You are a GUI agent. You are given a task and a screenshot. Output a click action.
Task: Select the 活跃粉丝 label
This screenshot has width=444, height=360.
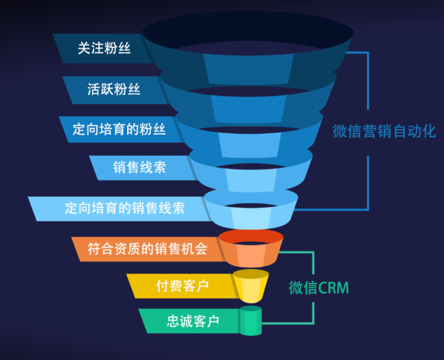114,89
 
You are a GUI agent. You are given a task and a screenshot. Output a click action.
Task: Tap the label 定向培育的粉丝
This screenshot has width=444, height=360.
119,129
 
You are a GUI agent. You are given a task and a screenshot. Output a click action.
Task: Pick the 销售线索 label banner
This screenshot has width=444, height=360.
139,167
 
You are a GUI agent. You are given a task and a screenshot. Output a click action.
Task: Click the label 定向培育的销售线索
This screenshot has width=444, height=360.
125,208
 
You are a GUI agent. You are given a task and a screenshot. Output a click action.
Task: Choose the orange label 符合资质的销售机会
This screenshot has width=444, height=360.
148,249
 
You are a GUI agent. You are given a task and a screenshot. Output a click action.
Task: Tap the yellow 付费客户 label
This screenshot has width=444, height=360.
182,285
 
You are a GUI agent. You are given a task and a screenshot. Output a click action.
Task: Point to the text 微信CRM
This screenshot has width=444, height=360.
319,288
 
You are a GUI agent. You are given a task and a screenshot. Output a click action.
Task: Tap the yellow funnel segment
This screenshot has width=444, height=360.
250,285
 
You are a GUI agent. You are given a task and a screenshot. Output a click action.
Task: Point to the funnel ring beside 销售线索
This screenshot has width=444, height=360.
250,175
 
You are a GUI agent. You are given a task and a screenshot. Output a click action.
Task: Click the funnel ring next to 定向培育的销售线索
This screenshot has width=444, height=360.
250,211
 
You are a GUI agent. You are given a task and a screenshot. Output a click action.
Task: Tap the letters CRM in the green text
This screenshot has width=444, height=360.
333,288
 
